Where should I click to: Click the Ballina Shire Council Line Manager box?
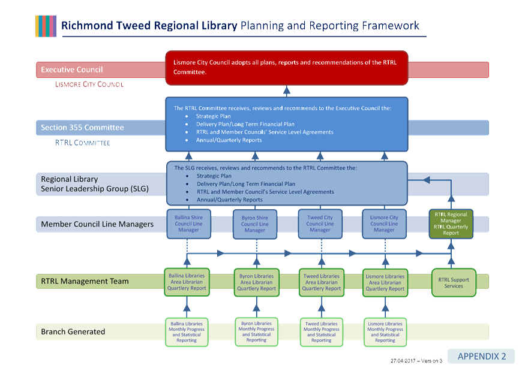[x=188, y=224]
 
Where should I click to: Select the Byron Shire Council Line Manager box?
[x=254, y=224]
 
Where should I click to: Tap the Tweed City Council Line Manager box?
[x=320, y=224]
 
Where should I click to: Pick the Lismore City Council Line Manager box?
[x=384, y=224]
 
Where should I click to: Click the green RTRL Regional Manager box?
[x=451, y=224]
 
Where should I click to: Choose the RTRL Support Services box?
[x=454, y=282]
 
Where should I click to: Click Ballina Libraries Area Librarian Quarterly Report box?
[x=186, y=282]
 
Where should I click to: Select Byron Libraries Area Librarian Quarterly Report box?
[x=256, y=282]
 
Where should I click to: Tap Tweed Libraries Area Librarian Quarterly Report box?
[x=321, y=282]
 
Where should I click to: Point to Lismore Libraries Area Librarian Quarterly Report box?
[x=385, y=282]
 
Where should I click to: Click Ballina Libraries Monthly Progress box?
[x=187, y=331]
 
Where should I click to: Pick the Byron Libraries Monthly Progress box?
[x=256, y=331]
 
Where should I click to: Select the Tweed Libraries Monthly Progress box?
[x=321, y=331]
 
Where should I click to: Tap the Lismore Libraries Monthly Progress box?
[x=385, y=331]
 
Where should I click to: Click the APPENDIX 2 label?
[x=482, y=356]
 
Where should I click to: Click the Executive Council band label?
[x=72, y=70]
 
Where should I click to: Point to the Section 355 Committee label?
[x=82, y=127]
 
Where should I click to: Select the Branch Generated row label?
[x=73, y=331]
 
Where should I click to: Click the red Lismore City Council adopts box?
[x=286, y=67]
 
